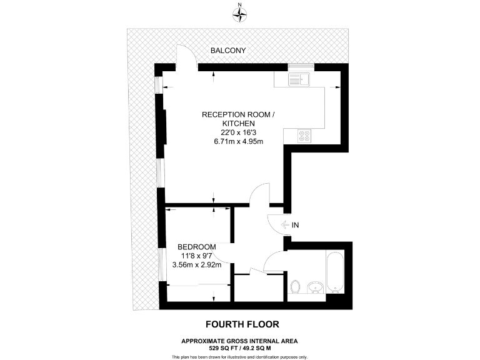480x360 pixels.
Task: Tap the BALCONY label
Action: [x=227, y=50]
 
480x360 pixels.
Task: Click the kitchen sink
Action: [x=299, y=80]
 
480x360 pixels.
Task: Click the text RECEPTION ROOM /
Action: [x=238, y=115]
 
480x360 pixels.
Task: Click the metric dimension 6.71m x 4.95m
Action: [x=238, y=141]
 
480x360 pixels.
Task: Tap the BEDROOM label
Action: [x=197, y=246]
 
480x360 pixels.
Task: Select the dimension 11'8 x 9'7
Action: [x=197, y=255]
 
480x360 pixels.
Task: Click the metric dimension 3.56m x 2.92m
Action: [x=197, y=264]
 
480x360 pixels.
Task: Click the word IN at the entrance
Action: [x=295, y=225]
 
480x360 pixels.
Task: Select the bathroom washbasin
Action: [x=316, y=287]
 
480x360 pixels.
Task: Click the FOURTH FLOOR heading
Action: [x=242, y=324]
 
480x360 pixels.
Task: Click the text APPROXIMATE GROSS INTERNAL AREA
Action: [x=239, y=341]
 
